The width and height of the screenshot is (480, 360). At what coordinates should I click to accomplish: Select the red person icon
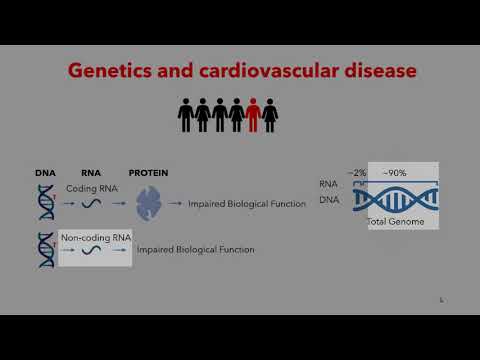pos(253,115)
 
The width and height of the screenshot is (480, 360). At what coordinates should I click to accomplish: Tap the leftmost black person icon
pos(185,115)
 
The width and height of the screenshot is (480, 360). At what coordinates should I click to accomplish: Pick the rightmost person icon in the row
pos(270,115)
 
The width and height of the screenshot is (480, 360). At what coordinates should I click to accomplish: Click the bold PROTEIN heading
pos(148,173)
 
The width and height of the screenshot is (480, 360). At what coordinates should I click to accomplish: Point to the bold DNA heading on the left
pos(45,173)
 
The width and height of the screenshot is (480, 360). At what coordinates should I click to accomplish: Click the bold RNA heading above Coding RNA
pos(90,173)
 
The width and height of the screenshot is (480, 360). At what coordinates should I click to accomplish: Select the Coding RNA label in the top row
pos(91,188)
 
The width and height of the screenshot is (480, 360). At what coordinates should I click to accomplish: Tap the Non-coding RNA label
pos(95,237)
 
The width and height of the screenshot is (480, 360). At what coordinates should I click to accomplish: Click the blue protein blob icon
pos(150,204)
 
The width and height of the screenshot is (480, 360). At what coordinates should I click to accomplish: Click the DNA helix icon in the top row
pos(45,203)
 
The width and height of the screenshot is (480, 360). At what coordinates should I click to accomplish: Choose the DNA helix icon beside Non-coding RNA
pos(45,250)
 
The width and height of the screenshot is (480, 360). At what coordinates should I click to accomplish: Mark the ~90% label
pos(393,173)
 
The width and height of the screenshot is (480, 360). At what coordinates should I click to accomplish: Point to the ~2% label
pos(356,173)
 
